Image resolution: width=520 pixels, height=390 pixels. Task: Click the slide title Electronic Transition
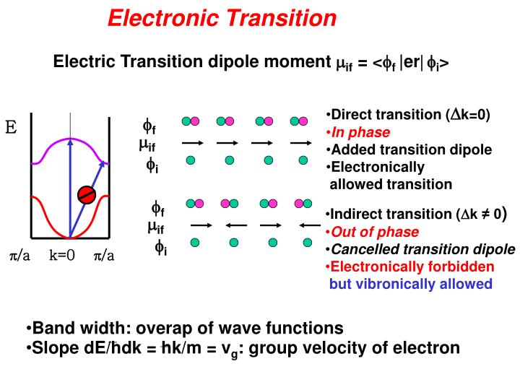[x=222, y=17]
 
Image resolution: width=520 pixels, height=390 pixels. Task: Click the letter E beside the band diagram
[x=11, y=129]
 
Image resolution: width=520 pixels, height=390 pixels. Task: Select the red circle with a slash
[x=87, y=194]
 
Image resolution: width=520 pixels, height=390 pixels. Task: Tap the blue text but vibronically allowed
[x=410, y=284]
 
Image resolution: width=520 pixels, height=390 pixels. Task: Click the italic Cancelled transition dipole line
[x=422, y=249]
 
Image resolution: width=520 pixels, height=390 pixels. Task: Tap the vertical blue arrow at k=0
[x=70, y=188]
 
